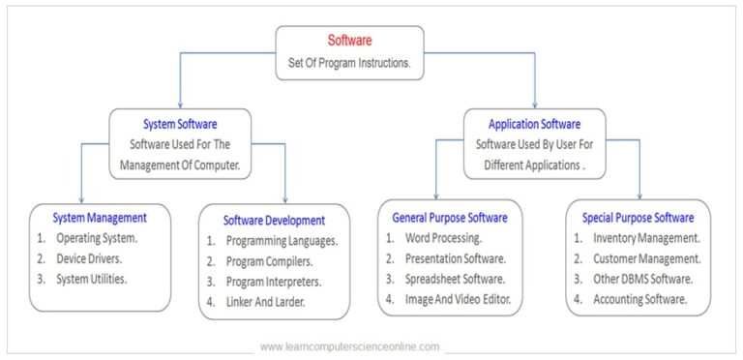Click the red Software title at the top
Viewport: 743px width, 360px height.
click(x=349, y=41)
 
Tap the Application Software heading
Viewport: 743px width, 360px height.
click(x=534, y=124)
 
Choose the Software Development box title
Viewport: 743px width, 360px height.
click(x=274, y=220)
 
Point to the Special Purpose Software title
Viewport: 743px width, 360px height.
click(x=638, y=217)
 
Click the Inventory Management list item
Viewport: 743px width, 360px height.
click(x=646, y=237)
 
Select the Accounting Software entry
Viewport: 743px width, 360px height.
click(x=639, y=299)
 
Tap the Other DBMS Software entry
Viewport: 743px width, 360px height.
click(x=641, y=279)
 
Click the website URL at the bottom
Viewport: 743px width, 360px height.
click(x=349, y=346)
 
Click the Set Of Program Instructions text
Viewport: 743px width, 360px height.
click(x=349, y=62)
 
